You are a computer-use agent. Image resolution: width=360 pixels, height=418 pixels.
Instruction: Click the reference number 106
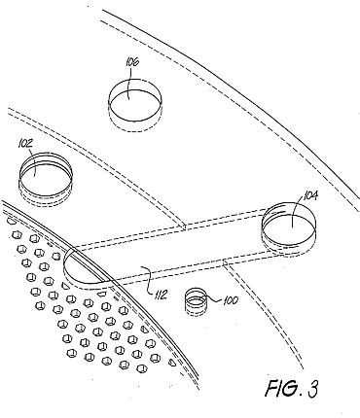click(132, 61)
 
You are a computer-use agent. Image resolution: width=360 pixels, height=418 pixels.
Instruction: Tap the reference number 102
click(26, 144)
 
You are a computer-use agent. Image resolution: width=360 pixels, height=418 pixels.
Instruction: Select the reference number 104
click(310, 195)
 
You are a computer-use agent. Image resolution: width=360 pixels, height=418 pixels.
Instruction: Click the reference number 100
click(231, 300)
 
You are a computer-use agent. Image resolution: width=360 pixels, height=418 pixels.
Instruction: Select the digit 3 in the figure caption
click(311, 388)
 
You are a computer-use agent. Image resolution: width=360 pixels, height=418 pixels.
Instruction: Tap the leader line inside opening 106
click(130, 83)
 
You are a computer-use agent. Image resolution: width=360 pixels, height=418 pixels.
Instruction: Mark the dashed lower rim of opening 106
click(134, 123)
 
